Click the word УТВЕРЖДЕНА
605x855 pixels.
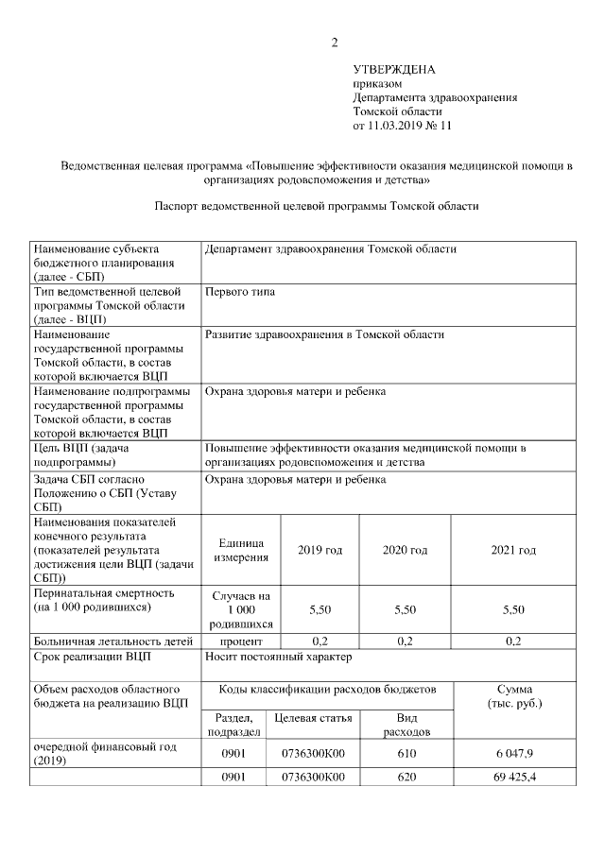click(393, 70)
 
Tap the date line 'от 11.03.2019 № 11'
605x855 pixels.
click(402, 125)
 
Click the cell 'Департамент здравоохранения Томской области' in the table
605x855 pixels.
click(331, 249)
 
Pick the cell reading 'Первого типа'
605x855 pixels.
click(240, 293)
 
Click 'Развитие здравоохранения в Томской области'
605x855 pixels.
click(324, 334)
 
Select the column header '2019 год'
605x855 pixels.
click(320, 551)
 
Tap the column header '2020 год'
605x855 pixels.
click(405, 551)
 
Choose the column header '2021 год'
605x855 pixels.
click(513, 551)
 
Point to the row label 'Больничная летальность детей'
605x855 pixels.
click(106, 641)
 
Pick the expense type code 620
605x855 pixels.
click(405, 778)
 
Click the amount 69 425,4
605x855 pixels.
click(513, 778)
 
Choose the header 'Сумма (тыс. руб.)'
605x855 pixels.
click(513, 697)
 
